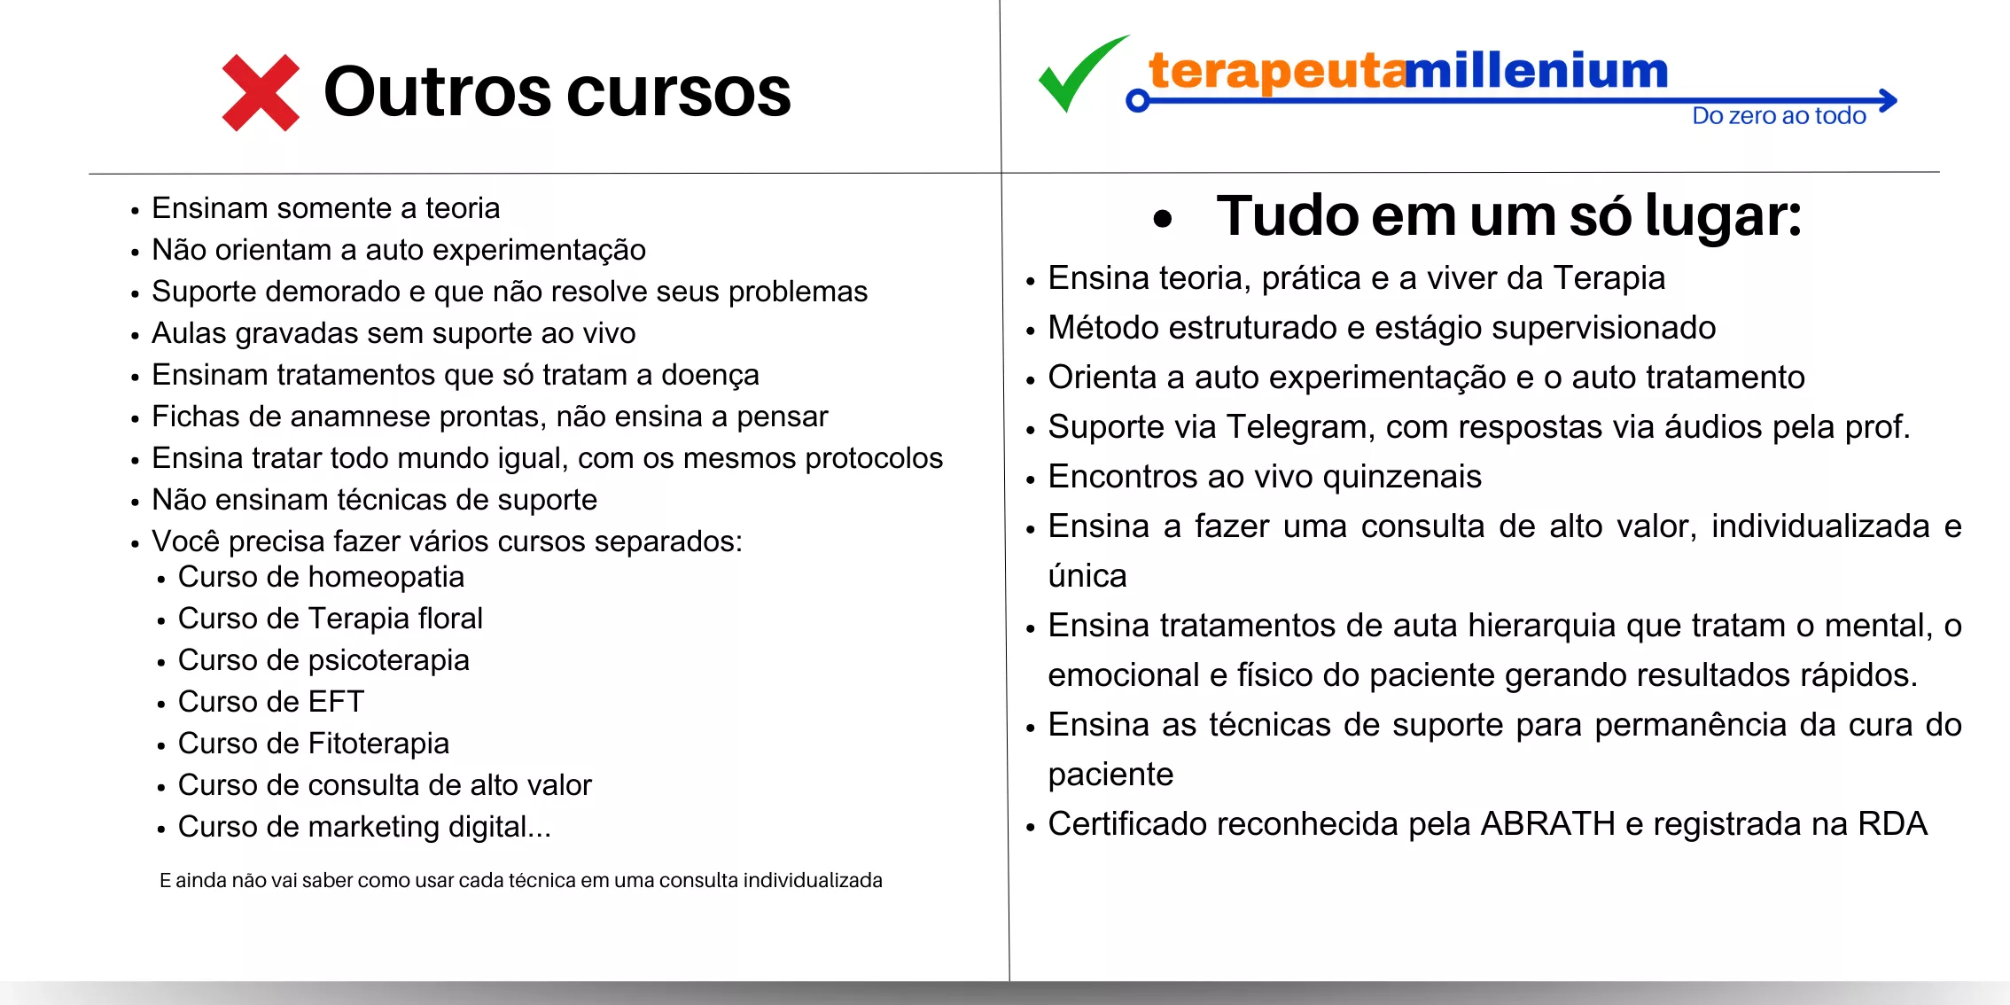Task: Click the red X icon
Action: tap(261, 93)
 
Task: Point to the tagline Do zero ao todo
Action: tap(1779, 116)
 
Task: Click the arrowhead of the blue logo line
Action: tap(1888, 100)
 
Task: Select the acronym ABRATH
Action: tap(1547, 824)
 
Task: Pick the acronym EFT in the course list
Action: tap(336, 702)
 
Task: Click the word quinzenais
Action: tap(1402, 477)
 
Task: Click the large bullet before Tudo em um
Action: tap(1163, 218)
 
